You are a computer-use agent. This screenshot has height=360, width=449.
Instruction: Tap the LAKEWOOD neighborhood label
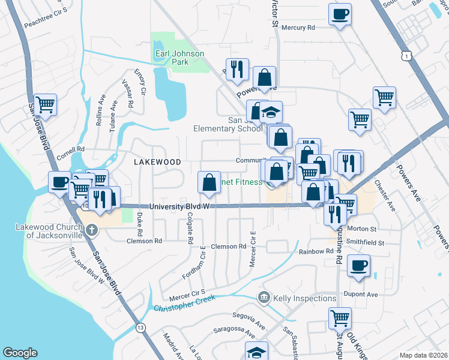point(157,162)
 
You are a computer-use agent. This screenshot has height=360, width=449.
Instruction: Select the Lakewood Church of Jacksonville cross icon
point(91,230)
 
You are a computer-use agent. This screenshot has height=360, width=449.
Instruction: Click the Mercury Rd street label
point(298,28)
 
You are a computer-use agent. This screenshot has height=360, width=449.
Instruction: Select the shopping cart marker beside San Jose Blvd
point(46,106)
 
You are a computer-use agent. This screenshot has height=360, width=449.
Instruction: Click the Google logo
point(20,353)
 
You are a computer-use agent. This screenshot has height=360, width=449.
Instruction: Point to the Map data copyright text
point(423,355)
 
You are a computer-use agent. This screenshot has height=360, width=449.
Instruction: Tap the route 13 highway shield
point(140,328)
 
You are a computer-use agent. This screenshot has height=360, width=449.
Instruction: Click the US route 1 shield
point(408,55)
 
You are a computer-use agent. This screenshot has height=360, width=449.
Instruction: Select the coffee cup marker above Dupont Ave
point(358,266)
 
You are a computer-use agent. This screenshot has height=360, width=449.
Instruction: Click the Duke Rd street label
point(139,224)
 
